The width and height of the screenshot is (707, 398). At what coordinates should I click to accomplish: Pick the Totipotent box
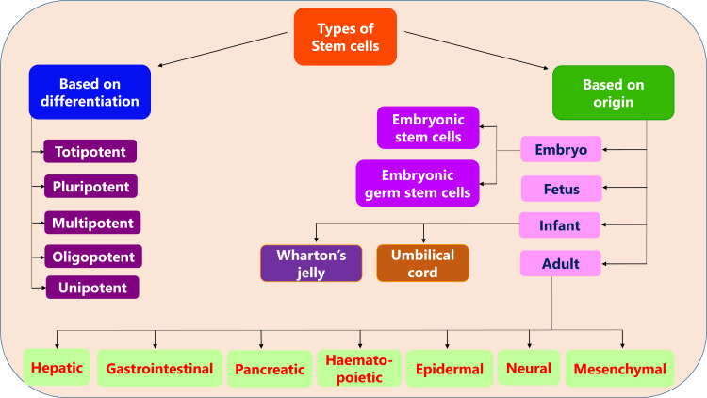90,151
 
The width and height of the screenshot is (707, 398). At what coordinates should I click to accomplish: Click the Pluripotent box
90,186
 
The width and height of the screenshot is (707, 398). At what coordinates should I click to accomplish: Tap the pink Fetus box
562,189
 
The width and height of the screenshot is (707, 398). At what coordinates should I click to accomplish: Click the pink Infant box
561,226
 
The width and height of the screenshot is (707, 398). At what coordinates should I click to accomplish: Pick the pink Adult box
561,264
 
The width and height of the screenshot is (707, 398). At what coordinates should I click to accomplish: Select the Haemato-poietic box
358,367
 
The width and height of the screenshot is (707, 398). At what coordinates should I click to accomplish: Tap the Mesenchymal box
621,367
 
